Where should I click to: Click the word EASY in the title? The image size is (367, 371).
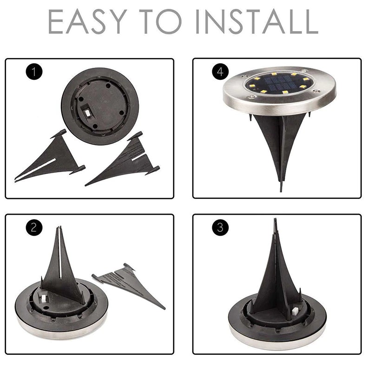point(87,21)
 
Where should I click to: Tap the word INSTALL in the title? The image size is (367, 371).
point(257,21)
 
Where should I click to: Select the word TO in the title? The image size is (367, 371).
point(160,21)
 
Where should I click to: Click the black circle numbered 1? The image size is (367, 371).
point(34,71)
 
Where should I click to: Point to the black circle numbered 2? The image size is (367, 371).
point(34,228)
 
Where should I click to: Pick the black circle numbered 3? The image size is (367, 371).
point(220,228)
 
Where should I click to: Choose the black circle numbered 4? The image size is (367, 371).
point(220,71)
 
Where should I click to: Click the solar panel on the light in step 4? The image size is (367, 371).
point(280,83)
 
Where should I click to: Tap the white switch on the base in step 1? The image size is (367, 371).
point(87,112)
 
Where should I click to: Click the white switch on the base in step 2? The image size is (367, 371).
point(44,298)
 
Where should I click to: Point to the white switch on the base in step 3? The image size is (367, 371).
point(295,310)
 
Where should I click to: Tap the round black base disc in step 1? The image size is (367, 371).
point(100,106)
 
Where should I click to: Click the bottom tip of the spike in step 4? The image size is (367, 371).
point(281,191)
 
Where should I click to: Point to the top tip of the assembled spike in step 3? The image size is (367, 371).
point(275,219)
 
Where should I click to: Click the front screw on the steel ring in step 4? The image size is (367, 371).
point(252,96)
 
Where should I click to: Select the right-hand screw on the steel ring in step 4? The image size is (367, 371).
point(315,91)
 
